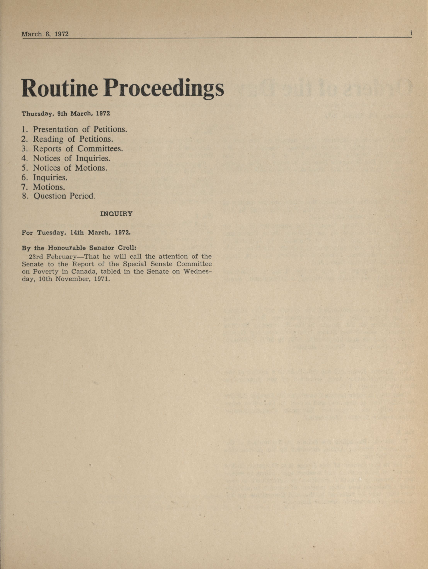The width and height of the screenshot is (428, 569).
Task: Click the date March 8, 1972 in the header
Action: [x=45, y=34]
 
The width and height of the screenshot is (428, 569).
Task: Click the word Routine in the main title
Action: [x=60, y=88]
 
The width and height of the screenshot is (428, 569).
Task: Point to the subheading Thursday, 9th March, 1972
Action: [x=66, y=114]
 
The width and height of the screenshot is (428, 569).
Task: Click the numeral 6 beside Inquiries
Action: [x=24, y=178]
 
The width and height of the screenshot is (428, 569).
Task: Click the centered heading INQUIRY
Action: [x=116, y=214]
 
